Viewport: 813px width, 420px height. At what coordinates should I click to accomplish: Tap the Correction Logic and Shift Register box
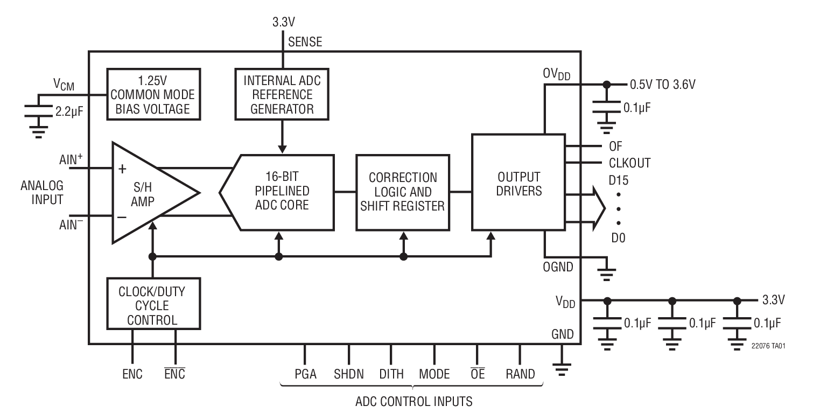402,192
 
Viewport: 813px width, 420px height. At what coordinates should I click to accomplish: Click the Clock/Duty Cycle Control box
153,305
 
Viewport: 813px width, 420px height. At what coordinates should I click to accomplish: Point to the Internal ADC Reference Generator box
282,95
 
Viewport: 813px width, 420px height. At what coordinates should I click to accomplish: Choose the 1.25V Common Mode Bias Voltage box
153,95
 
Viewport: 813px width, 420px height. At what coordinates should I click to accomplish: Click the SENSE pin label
305,41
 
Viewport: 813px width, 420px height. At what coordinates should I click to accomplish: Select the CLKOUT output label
629,163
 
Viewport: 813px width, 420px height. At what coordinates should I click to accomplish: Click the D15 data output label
619,180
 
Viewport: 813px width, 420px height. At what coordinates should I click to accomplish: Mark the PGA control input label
305,374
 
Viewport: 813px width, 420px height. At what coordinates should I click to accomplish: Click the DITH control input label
391,374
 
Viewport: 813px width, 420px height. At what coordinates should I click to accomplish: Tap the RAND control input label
520,374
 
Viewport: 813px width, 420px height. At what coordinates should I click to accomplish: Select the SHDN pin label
348,374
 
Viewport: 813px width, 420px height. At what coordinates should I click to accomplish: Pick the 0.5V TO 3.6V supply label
667,85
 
